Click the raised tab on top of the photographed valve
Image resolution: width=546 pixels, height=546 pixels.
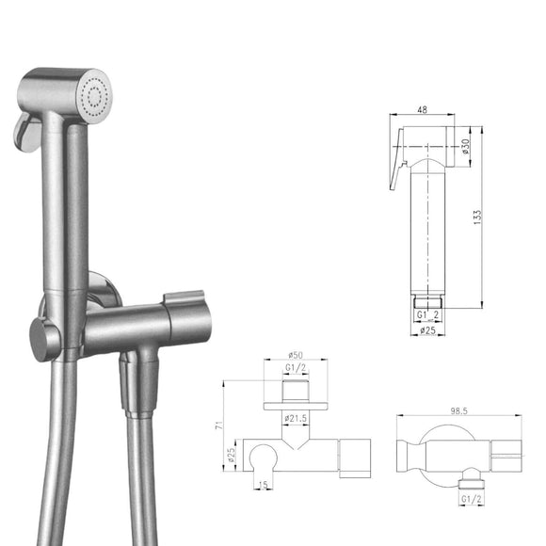point(179,303)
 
